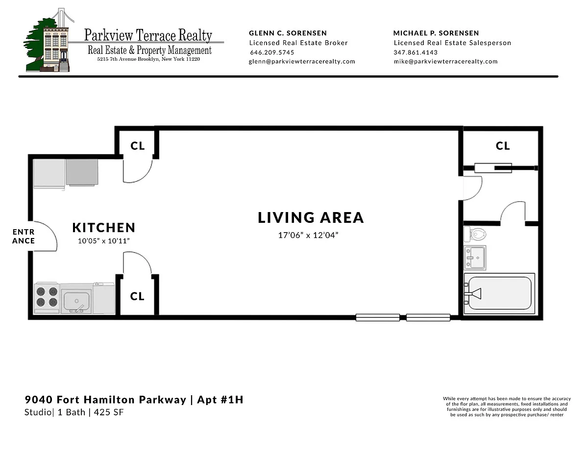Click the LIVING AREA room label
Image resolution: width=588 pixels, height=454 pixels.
pyautogui.click(x=311, y=217)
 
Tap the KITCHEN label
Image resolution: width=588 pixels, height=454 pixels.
pyautogui.click(x=104, y=228)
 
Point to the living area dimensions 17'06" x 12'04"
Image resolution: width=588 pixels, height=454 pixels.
pyautogui.click(x=308, y=235)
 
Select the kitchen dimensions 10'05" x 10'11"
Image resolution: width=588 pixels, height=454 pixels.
pyautogui.click(x=104, y=241)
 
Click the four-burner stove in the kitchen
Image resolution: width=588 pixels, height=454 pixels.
pyautogui.click(x=47, y=298)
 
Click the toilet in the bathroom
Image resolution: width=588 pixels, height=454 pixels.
pyautogui.click(x=475, y=234)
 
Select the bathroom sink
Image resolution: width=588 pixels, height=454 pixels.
pyautogui.click(x=475, y=258)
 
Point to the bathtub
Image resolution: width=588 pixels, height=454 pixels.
pyautogui.click(x=499, y=293)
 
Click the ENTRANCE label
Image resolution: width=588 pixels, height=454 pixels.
pyautogui.click(x=24, y=237)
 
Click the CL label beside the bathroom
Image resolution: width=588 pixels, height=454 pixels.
pyautogui.click(x=503, y=146)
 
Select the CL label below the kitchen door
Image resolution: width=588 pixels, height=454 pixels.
pyautogui.click(x=137, y=296)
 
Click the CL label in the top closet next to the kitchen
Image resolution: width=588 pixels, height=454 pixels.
pyautogui.click(x=138, y=146)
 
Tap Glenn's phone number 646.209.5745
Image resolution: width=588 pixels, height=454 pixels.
pyautogui.click(x=272, y=52)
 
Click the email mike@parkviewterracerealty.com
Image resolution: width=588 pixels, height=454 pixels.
pyautogui.click(x=445, y=61)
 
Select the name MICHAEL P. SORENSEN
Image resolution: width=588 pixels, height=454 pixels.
pyautogui.click(x=436, y=33)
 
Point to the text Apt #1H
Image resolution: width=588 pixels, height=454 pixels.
pyautogui.click(x=220, y=400)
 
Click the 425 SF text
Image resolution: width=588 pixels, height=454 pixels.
pyautogui.click(x=109, y=412)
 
